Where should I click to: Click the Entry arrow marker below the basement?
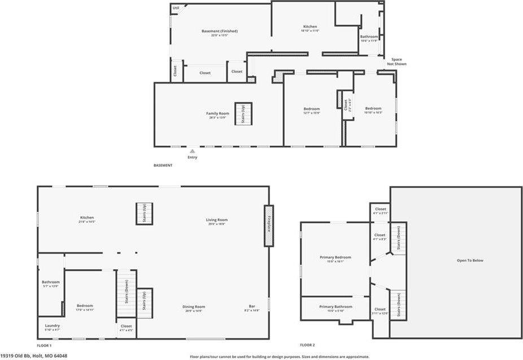[x=192, y=151]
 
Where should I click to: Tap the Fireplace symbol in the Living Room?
[x=269, y=225]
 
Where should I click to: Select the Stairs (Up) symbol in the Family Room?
[x=243, y=114]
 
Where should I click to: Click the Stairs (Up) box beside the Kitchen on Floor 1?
[x=144, y=214]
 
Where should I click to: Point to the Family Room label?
[x=217, y=113]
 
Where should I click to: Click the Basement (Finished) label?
[x=219, y=31]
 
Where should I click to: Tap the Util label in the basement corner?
[x=176, y=8]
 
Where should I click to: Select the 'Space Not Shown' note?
[x=396, y=62]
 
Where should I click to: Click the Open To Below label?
[x=470, y=260]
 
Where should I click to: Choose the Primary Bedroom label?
[x=335, y=257]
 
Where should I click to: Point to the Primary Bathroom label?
[x=335, y=306]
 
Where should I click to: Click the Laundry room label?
[x=53, y=326]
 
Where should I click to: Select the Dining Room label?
[x=194, y=306]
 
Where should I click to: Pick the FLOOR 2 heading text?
[x=307, y=345]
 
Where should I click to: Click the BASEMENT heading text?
[x=163, y=165]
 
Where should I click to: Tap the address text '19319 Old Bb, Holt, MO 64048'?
[x=34, y=356]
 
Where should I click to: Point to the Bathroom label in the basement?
[x=369, y=37]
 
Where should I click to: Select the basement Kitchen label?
[x=310, y=27]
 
